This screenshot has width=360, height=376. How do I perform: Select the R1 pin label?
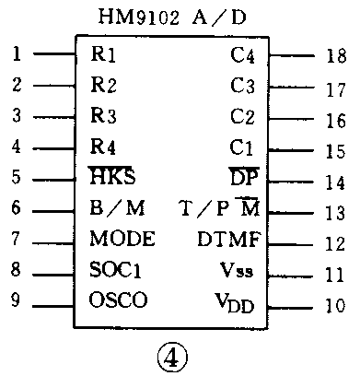(x=103, y=53)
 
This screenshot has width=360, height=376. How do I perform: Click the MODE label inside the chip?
(x=122, y=239)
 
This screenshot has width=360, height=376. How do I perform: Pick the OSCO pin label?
(x=119, y=300)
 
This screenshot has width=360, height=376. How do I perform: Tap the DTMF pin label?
(x=229, y=240)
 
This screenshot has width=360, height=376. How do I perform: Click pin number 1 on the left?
(x=17, y=53)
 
